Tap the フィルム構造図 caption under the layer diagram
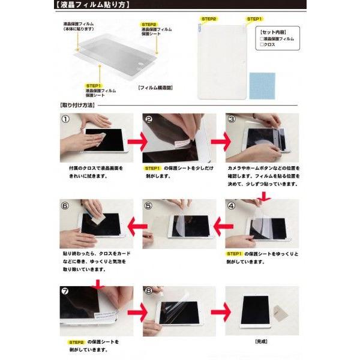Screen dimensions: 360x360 tap(155, 87)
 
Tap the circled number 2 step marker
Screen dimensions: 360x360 tap(149, 119)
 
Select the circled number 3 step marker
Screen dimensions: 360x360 tap(232, 119)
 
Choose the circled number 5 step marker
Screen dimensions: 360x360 tap(149, 205)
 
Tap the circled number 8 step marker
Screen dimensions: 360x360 tap(149, 292)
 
